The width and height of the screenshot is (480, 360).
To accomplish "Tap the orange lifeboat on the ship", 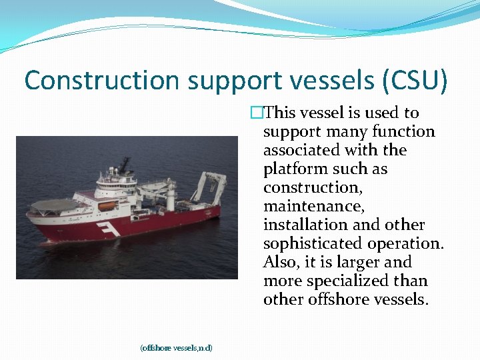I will [107, 207].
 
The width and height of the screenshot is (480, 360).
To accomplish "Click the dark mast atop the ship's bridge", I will [125, 163].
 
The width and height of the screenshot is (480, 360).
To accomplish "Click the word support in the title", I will [229, 81].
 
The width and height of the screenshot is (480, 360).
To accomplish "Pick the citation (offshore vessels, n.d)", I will [176, 347].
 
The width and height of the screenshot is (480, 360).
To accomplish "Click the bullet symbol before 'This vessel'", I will [257, 113].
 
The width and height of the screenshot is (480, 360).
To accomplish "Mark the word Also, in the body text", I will [281, 263].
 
